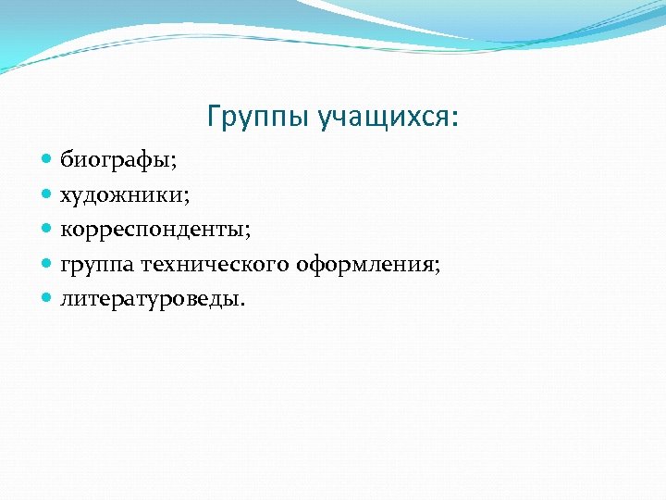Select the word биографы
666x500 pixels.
point(117,160)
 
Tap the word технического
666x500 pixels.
point(216,265)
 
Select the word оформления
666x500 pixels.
point(365,265)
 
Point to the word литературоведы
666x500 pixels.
point(150,299)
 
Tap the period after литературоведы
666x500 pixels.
point(244,303)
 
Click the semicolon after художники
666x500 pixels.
point(187,197)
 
